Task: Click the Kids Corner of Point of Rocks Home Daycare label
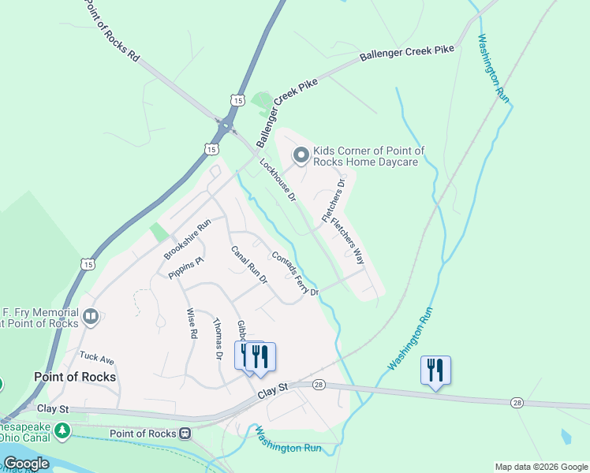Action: (369, 156)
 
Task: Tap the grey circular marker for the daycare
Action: (301, 156)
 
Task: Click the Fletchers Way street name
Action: (349, 240)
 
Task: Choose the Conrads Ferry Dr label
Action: (294, 274)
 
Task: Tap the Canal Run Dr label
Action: (249, 265)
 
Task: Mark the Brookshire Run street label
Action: (188, 239)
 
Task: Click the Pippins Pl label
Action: (186, 266)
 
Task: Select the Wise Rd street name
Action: (191, 323)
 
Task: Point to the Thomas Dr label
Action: (218, 339)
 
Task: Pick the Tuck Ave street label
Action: (96, 359)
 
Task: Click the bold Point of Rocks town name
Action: (75, 377)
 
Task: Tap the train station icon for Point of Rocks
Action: (185, 433)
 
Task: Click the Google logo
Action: (25, 463)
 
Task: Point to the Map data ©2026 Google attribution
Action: (541, 467)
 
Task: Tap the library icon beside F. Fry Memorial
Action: (91, 317)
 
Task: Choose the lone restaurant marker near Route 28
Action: (435, 370)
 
